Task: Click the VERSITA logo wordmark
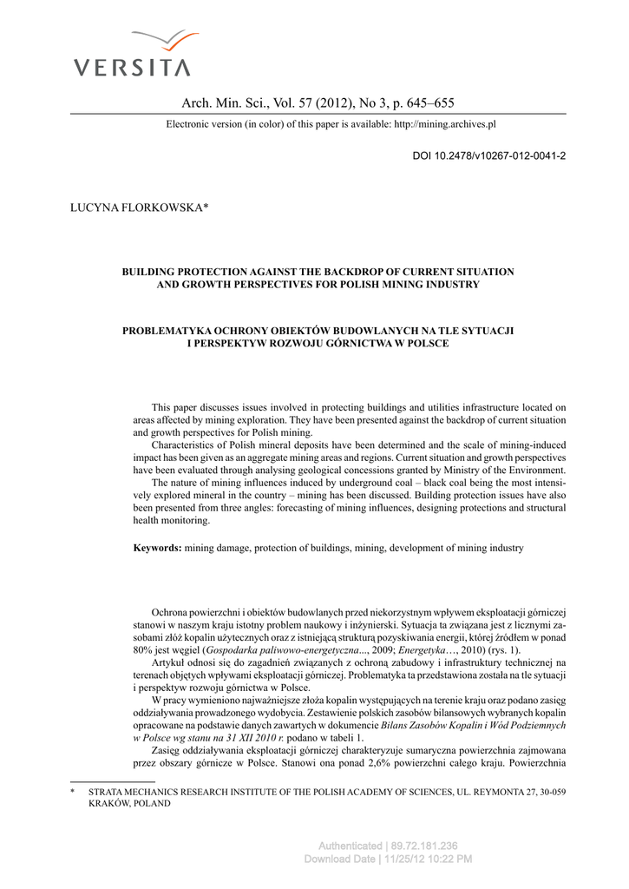click(131, 67)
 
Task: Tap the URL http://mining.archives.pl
click(444, 124)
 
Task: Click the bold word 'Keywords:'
click(157, 548)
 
